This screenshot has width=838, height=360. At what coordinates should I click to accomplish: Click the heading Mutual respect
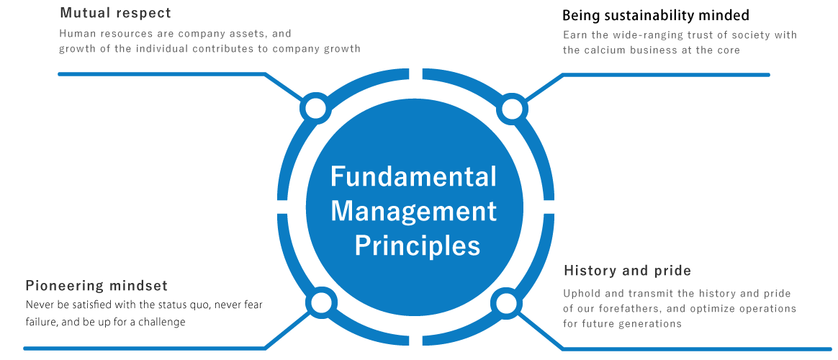coord(115,14)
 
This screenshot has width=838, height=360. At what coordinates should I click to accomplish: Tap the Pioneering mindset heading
coord(96,286)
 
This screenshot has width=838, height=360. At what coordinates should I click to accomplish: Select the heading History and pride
coord(627,271)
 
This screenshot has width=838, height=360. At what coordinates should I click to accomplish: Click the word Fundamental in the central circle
coord(413,177)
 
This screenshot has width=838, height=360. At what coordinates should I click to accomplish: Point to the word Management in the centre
coord(413,212)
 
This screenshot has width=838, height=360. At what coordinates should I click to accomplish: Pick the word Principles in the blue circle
coord(418,246)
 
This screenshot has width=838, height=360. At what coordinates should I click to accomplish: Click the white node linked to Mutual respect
coord(315,109)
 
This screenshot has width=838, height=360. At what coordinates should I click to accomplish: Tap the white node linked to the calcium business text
coord(511,109)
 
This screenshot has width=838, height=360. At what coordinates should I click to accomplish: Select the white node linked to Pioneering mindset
coord(317,302)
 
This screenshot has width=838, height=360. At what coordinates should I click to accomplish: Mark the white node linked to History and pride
coord(507,302)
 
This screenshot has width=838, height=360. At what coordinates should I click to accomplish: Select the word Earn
coord(575,35)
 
